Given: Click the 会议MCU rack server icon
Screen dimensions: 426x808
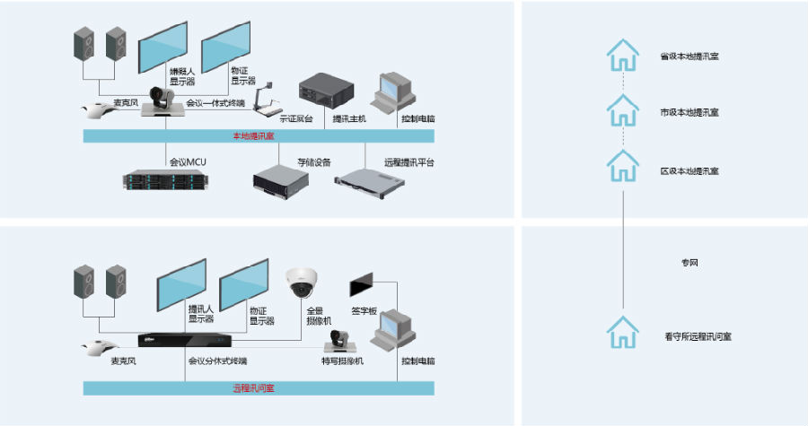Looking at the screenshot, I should [166, 179].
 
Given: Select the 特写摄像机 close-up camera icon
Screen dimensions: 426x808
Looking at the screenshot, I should [341, 340].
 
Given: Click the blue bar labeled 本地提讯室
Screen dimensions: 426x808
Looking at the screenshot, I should [258, 135].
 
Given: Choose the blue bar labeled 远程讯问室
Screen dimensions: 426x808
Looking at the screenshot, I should [258, 388].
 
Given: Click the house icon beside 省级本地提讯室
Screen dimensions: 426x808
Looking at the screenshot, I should [621, 56].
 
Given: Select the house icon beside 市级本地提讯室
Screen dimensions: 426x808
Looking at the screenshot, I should [621, 111].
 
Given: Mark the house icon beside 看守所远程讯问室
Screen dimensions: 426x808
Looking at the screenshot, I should [621, 334].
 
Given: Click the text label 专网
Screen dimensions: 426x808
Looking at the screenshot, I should [689, 264].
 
